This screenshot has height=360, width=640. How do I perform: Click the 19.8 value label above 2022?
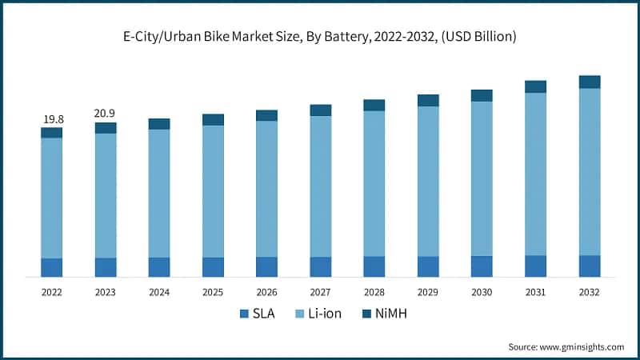click(x=52, y=119)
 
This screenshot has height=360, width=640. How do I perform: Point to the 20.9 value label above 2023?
click(x=105, y=114)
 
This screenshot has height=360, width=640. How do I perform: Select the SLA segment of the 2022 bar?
click(x=52, y=267)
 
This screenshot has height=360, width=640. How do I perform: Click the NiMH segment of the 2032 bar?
click(x=590, y=82)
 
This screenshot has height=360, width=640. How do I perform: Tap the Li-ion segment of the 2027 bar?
click(x=321, y=186)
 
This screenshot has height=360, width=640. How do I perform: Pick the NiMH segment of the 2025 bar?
click(x=213, y=119)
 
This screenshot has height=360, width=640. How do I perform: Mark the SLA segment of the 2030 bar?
click(x=482, y=266)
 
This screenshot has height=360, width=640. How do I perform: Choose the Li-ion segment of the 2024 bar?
click(x=159, y=193)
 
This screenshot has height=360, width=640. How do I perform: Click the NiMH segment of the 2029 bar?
click(x=428, y=100)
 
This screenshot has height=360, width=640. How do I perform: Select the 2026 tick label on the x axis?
click(x=266, y=293)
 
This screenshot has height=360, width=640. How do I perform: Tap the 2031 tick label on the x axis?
click(x=535, y=293)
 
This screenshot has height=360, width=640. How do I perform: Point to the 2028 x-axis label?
click(x=374, y=293)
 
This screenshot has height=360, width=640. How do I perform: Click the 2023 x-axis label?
click(x=105, y=293)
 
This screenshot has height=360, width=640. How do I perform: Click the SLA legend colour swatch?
click(x=243, y=314)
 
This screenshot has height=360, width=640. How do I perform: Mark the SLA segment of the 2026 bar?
click(x=266, y=267)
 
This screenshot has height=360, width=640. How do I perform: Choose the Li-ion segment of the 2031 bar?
click(x=535, y=174)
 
